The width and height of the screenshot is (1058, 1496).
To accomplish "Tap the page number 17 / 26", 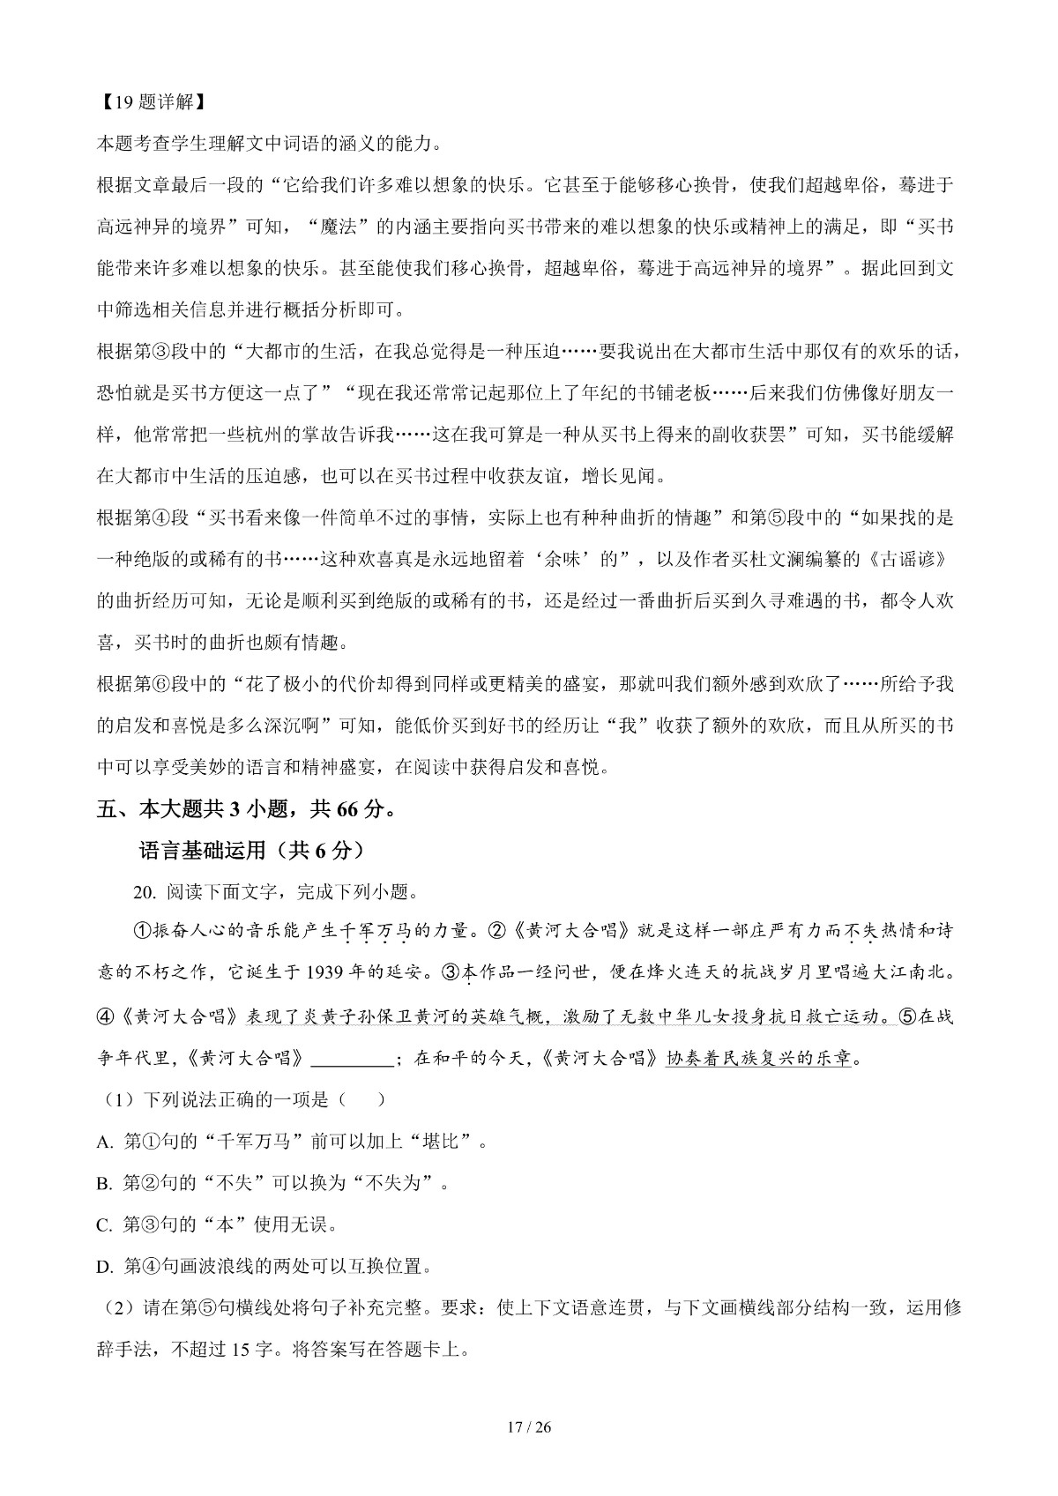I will [530, 1427].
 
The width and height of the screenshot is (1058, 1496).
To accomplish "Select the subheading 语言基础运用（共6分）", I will [251, 851].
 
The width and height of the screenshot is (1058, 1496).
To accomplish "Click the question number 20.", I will [144, 892].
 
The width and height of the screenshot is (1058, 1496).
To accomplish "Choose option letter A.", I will [105, 1142].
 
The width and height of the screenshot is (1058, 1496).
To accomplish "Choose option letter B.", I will [105, 1184].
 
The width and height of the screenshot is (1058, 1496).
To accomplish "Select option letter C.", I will [105, 1225].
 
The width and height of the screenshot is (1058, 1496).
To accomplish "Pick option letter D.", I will [105, 1268].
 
